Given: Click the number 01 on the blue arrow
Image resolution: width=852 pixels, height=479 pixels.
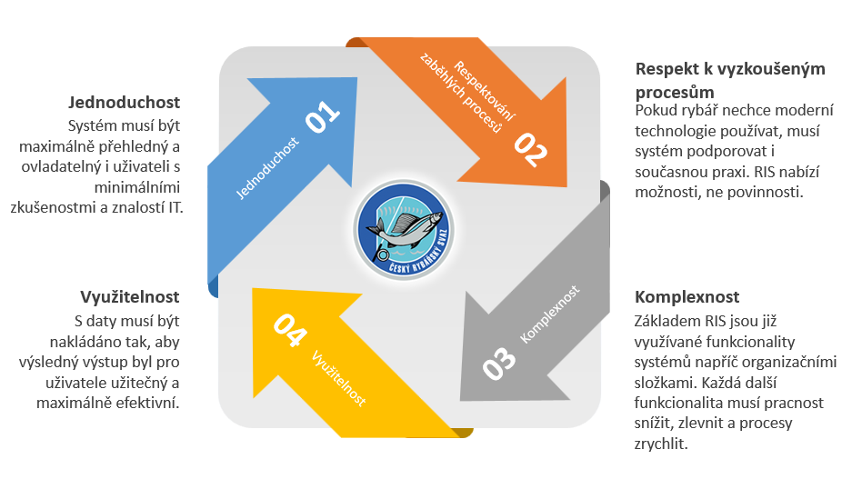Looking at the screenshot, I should click(323, 119).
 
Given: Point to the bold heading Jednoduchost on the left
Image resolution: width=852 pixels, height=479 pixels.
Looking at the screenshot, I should click(124, 102).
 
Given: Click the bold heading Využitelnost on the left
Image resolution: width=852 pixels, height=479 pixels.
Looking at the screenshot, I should click(129, 297).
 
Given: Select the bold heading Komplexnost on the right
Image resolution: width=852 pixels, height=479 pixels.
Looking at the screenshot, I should click(687, 297).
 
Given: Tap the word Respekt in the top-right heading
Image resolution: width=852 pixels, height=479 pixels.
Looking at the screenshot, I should click(665, 69).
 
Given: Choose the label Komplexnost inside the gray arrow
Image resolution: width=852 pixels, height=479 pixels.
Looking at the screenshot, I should click(549, 314).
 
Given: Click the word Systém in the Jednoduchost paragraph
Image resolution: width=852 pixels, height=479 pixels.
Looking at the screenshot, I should click(92, 126).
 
